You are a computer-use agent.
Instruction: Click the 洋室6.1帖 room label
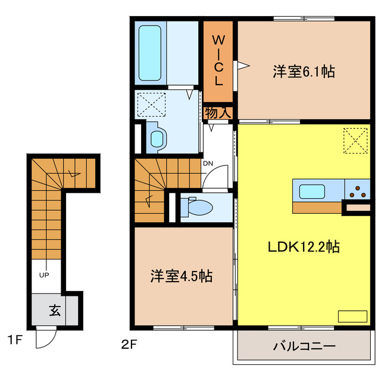coord(303,72)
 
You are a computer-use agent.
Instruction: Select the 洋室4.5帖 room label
coord(182,276)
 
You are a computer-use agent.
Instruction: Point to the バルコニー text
coord(305,346)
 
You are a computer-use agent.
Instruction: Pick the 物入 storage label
coord(219,112)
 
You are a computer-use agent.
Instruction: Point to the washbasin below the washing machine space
coord(157,138)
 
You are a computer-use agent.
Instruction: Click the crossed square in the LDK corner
coord(354,141)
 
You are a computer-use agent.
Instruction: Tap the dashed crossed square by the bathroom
coord(151,105)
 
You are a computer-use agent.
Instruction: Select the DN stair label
coord(208,163)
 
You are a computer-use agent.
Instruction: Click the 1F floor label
coord(15,341)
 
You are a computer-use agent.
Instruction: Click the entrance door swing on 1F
coord(45,338)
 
